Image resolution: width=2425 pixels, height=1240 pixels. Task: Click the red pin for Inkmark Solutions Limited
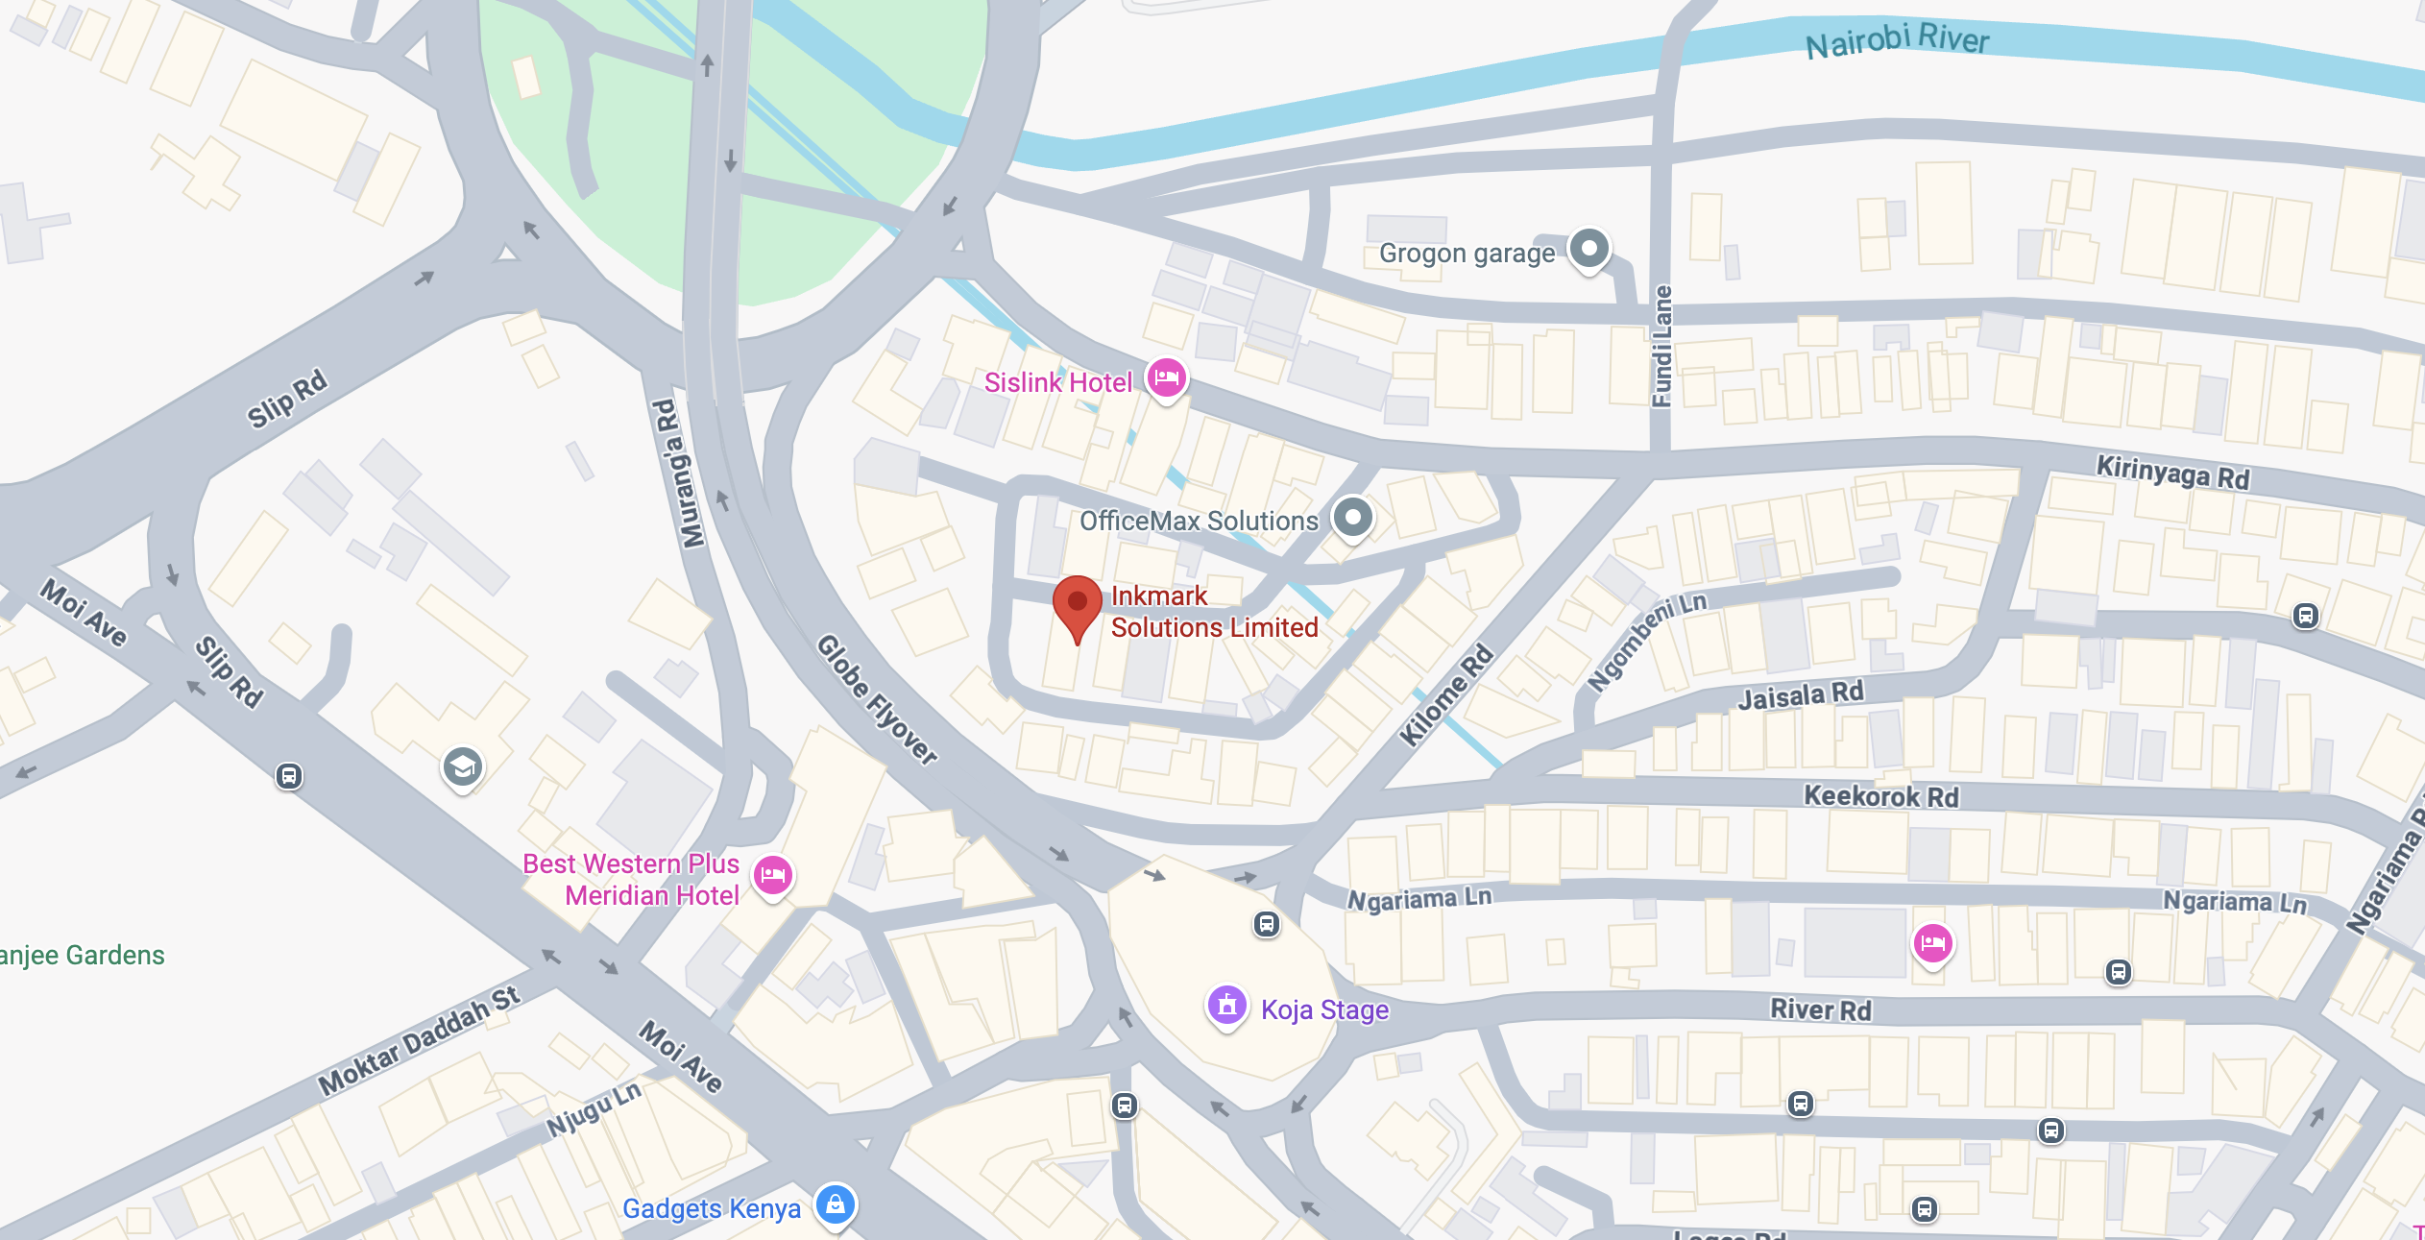pos(1077,602)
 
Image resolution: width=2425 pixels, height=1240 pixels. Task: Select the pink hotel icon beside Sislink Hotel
pos(1166,377)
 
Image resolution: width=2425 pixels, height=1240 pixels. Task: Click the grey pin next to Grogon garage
pos(1588,249)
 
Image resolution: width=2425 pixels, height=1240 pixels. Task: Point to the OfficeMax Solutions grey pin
pos(1352,518)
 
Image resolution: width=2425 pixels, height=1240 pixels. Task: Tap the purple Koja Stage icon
pos(1226,1006)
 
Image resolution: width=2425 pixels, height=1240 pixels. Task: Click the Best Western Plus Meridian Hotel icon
pos(772,875)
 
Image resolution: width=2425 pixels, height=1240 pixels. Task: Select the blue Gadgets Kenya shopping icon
pos(835,1204)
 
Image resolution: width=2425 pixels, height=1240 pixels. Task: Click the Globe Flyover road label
pos(876,699)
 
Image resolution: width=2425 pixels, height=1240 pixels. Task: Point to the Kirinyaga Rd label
pos(2171,473)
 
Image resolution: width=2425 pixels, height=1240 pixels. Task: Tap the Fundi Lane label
pos(1661,346)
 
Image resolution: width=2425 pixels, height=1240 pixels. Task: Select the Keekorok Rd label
pos(1879,796)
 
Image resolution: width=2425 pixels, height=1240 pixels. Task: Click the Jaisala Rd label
pos(1800,694)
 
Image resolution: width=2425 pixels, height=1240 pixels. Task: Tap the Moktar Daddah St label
pos(419,1041)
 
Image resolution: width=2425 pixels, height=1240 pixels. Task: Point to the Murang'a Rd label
pos(679,474)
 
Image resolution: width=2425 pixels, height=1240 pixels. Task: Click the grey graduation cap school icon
pos(462,766)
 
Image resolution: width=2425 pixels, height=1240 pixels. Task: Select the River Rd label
pos(1820,1009)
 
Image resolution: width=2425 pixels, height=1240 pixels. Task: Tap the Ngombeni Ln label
pos(1646,641)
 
